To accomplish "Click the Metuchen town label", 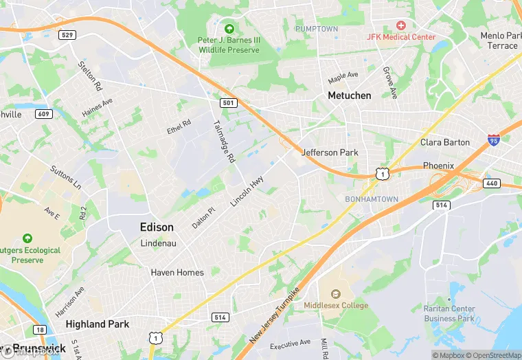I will pyautogui.click(x=349, y=95).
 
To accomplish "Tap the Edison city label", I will pyautogui.click(x=157, y=227).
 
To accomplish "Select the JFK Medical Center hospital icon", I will pyautogui.click(x=401, y=24).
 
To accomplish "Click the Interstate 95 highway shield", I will pyautogui.click(x=493, y=140).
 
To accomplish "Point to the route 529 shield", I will pyautogui.click(x=67, y=34).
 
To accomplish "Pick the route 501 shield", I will pyautogui.click(x=229, y=102).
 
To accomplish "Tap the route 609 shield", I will pyautogui.click(x=43, y=113).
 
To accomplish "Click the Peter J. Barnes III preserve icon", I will pyautogui.click(x=229, y=29).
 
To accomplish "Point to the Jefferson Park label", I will pyautogui.click(x=330, y=152).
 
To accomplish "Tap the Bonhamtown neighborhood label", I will pyautogui.click(x=371, y=199).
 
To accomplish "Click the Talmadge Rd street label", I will pyautogui.click(x=224, y=141).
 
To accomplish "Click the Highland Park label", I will pyautogui.click(x=95, y=324).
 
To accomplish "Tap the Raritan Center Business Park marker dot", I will pyautogui.click(x=449, y=300).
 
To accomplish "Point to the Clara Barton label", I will pyautogui.click(x=445, y=142).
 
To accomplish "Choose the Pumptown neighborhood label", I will pyautogui.click(x=316, y=28).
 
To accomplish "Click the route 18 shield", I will pyautogui.click(x=41, y=330).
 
